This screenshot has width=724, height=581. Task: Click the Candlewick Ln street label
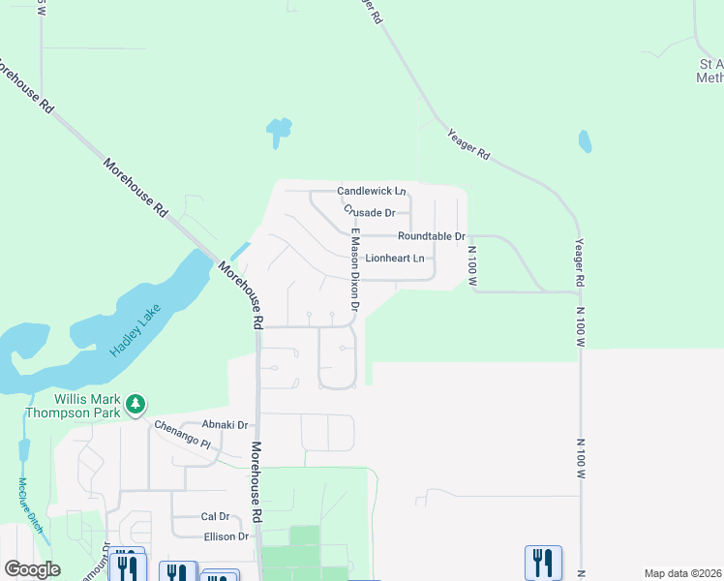click(371, 192)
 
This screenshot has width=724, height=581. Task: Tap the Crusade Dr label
click(370, 212)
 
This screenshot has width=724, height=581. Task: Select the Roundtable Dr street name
click(432, 236)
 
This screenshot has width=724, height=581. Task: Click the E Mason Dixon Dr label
click(354, 276)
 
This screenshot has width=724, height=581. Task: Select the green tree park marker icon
click(137, 402)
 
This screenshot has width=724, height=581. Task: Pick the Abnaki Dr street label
click(225, 425)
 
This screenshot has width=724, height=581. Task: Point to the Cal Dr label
click(215, 517)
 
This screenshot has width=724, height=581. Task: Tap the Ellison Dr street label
click(226, 536)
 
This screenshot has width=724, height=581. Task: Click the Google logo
click(32, 569)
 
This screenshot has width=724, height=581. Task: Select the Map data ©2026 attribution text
click(682, 573)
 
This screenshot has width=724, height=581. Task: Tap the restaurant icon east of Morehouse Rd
click(543, 563)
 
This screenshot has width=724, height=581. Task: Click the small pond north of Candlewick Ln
click(279, 130)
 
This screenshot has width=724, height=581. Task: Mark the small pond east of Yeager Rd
click(585, 141)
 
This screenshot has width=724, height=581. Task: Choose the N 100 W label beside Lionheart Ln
click(473, 265)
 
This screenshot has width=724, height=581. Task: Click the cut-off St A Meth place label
click(709, 71)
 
